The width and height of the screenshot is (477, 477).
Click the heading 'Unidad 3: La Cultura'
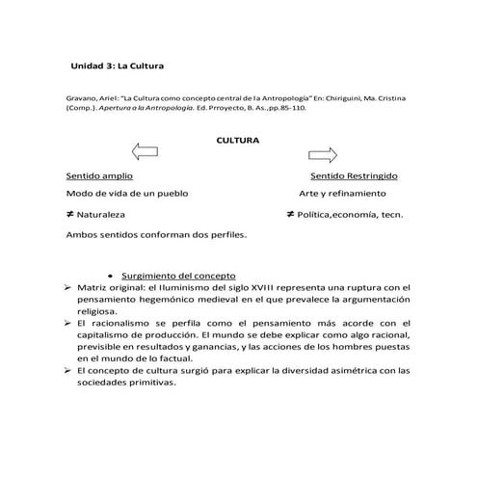coord(118,66)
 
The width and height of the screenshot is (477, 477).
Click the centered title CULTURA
coord(238,140)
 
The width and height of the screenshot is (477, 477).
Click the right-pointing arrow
coord(323,154)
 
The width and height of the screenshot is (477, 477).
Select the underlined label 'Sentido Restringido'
coord(354,176)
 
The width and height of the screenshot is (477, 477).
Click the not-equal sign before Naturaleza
coord(70,214)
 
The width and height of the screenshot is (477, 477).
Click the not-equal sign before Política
coord(290,214)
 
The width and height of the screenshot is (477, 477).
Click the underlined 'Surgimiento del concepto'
coord(181,276)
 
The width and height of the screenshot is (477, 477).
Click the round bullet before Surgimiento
coord(113,277)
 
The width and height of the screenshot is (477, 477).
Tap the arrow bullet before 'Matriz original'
coord(67,287)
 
